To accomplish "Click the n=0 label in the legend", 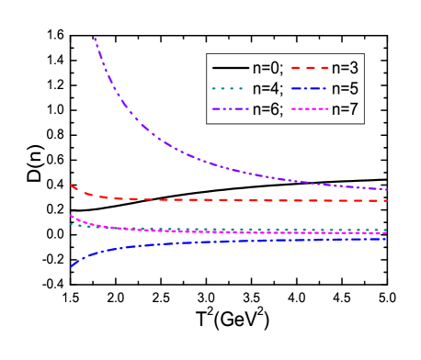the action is (x=269, y=68).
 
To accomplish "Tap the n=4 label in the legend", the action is (x=269, y=89).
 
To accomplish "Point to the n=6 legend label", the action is (x=269, y=110).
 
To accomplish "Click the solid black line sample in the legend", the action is (x=230, y=68).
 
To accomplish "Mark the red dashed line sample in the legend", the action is (x=310, y=68).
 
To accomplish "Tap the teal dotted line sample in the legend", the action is (x=230, y=89).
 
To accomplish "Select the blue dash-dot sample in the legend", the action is (x=310, y=89).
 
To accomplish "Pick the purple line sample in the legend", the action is (x=230, y=110).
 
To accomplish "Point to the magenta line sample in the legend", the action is (x=310, y=110).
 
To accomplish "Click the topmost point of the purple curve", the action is (x=95, y=39).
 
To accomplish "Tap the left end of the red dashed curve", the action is (x=70, y=186).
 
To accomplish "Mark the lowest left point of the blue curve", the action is (x=70, y=267).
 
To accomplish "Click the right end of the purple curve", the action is (x=387, y=189).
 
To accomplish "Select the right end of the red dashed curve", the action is (x=387, y=200).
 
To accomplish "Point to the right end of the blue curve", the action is (x=387, y=239).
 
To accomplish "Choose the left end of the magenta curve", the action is (x=70, y=216).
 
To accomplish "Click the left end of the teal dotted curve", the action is (x=70, y=223).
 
